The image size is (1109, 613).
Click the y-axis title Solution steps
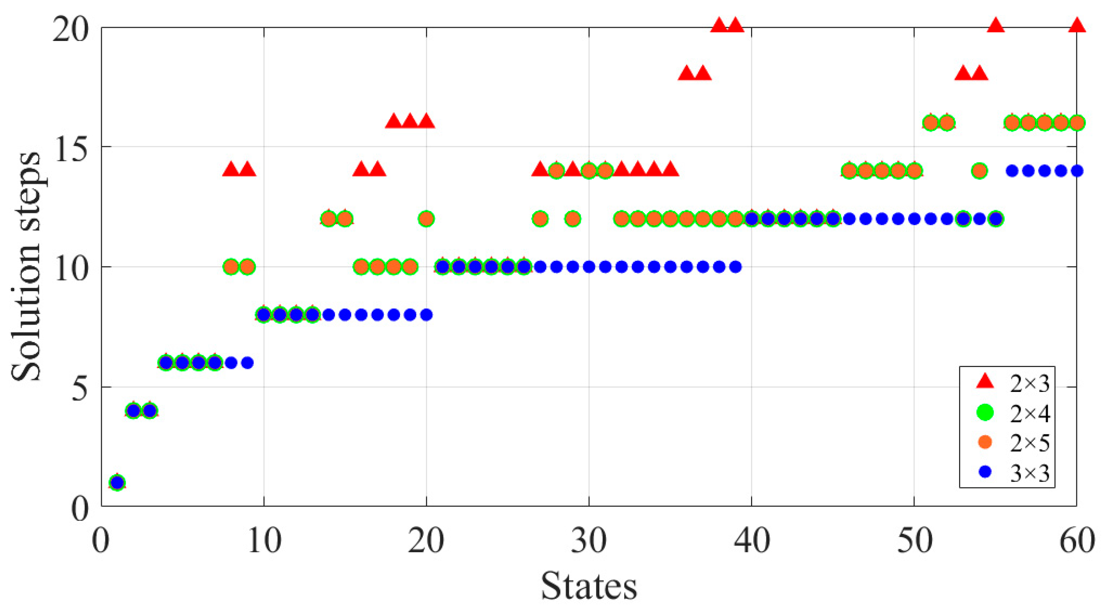pyautogui.click(x=26, y=267)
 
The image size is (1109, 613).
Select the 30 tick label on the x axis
pyautogui.click(x=588, y=541)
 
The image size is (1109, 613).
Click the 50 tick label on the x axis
pyautogui.click(x=914, y=541)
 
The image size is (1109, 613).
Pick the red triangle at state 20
pyautogui.click(x=426, y=121)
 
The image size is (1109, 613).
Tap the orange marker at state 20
pyautogui.click(x=426, y=219)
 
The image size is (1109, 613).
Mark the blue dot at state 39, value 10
pyautogui.click(x=736, y=267)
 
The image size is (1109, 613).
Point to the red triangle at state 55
pyautogui.click(x=996, y=26)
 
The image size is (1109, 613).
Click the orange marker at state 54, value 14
pyautogui.click(x=979, y=171)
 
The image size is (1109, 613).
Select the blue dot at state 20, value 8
pyautogui.click(x=426, y=315)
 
